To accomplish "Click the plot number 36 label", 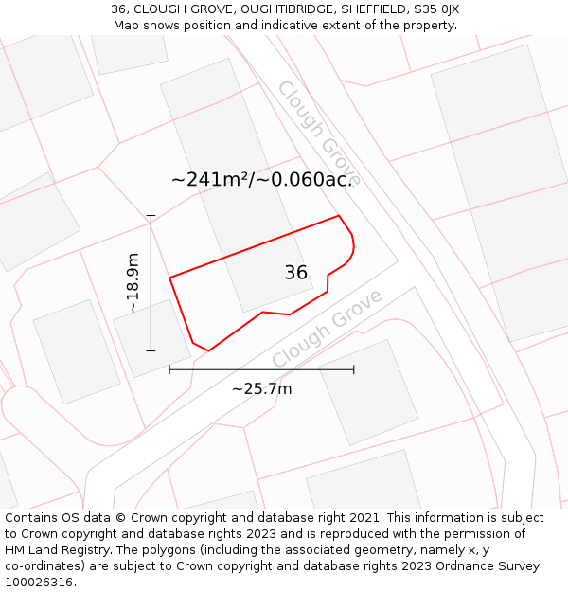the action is (x=295, y=273).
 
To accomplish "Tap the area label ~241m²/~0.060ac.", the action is (x=261, y=179).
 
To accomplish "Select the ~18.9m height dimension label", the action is (x=133, y=282).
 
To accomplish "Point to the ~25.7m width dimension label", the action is (x=261, y=388).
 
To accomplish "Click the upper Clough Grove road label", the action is (x=318, y=133).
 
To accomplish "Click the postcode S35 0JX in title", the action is (x=436, y=9).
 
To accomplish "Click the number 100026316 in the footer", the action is (x=40, y=583).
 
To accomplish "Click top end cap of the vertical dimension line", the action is (x=151, y=216).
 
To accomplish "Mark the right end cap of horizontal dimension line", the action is (x=354, y=369).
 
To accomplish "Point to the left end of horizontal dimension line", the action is (x=169, y=369).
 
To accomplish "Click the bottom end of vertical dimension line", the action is (x=151, y=350).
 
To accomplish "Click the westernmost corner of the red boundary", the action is (x=169, y=278).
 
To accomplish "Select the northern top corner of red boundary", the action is (x=339, y=216).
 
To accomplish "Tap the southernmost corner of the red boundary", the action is (x=208, y=350).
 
